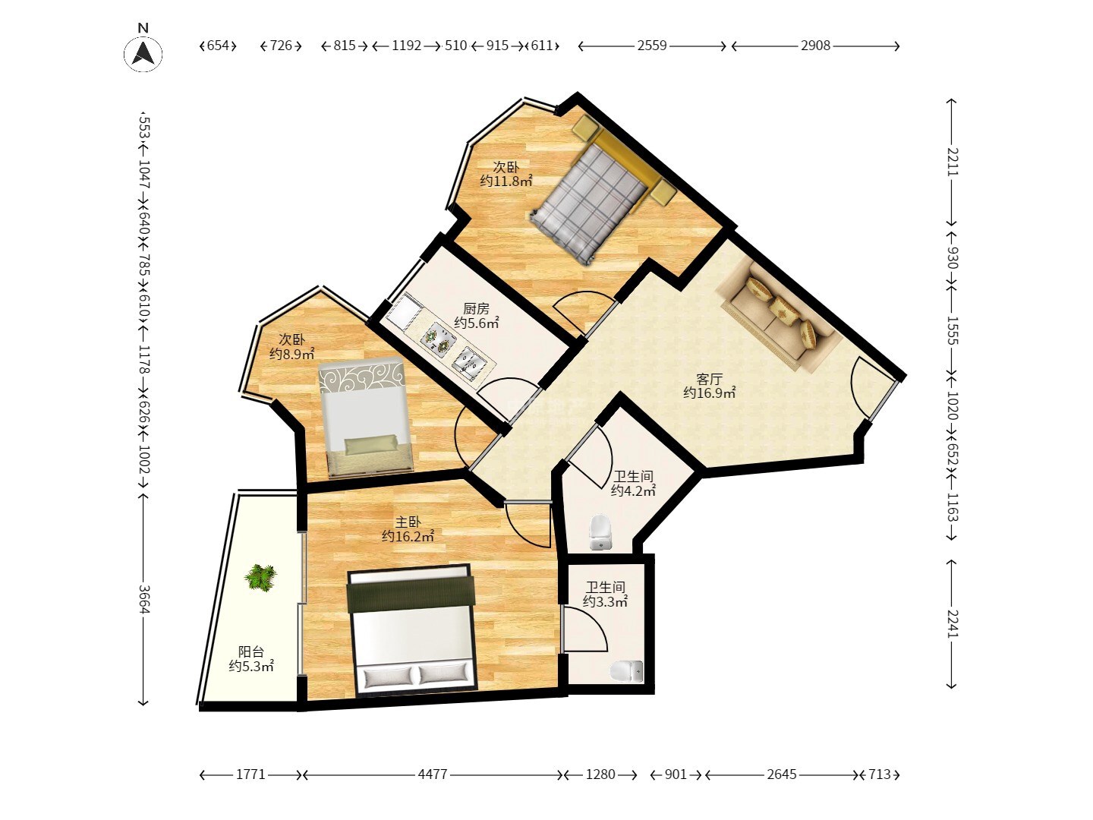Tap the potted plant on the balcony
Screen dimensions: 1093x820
tap(260, 578)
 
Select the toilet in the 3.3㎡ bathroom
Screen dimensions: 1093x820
tap(626, 672)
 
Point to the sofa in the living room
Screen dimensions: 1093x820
tap(780, 314)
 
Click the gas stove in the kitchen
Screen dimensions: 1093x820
tap(439, 338)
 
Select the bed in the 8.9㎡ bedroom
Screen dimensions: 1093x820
tap(367, 418)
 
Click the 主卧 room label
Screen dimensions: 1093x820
tap(408, 522)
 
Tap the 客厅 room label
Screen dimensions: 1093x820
tap(709, 379)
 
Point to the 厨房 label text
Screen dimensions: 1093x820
tap(476, 309)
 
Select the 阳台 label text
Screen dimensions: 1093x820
tap(250, 651)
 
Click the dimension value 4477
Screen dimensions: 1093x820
tap(432, 774)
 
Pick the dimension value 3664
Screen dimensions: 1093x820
tap(144, 599)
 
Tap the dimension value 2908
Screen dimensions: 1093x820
tap(815, 46)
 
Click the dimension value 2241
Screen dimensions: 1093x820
tap(952, 623)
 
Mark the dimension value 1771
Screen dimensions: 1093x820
tap(250, 774)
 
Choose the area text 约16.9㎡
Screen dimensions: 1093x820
tap(709, 393)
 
